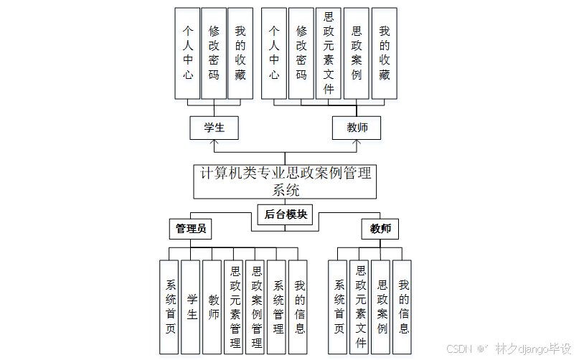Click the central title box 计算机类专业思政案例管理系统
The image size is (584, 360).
(285, 181)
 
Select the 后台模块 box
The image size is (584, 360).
(286, 214)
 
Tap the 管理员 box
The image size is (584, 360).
(192, 229)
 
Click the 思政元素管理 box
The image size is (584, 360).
(235, 307)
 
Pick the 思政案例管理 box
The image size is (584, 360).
(256, 307)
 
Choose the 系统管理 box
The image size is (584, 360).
(278, 307)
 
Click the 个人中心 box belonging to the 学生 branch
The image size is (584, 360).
(187, 53)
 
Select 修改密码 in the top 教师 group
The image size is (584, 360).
(301, 53)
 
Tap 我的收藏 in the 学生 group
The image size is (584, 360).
(240, 53)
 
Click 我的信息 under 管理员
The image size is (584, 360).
(299, 307)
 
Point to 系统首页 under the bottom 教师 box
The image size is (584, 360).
(339, 307)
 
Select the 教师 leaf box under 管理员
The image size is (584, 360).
(212, 307)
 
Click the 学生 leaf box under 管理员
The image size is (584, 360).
(191, 307)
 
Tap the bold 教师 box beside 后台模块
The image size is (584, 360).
(380, 229)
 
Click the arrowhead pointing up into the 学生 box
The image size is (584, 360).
(214, 143)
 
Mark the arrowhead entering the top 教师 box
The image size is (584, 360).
(357, 143)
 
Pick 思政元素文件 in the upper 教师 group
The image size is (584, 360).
(329, 53)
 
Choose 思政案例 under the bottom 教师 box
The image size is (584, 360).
(382, 307)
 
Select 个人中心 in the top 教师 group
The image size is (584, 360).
(273, 53)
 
